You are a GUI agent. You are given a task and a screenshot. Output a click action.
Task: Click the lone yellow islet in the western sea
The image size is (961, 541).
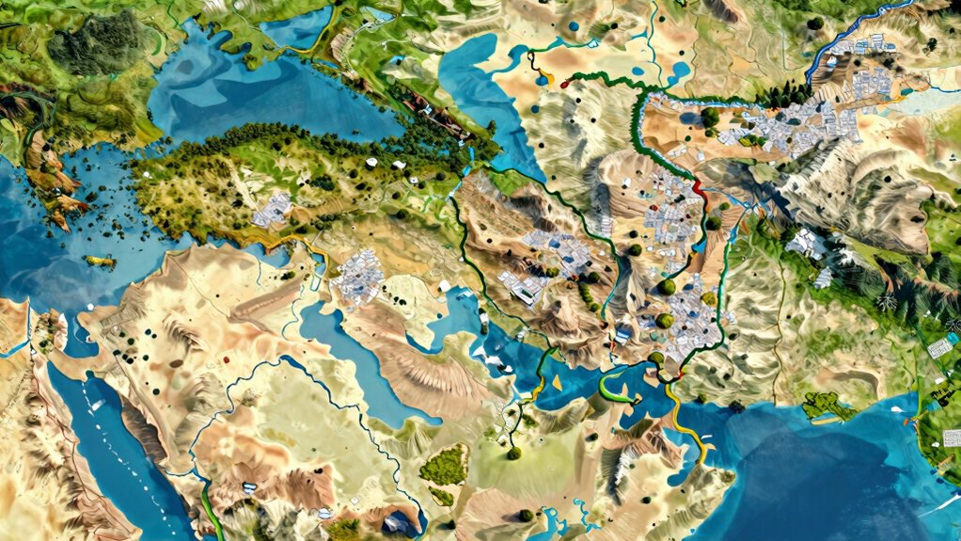(98, 261)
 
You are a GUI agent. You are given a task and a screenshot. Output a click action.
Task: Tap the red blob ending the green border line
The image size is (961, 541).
(564, 85)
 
